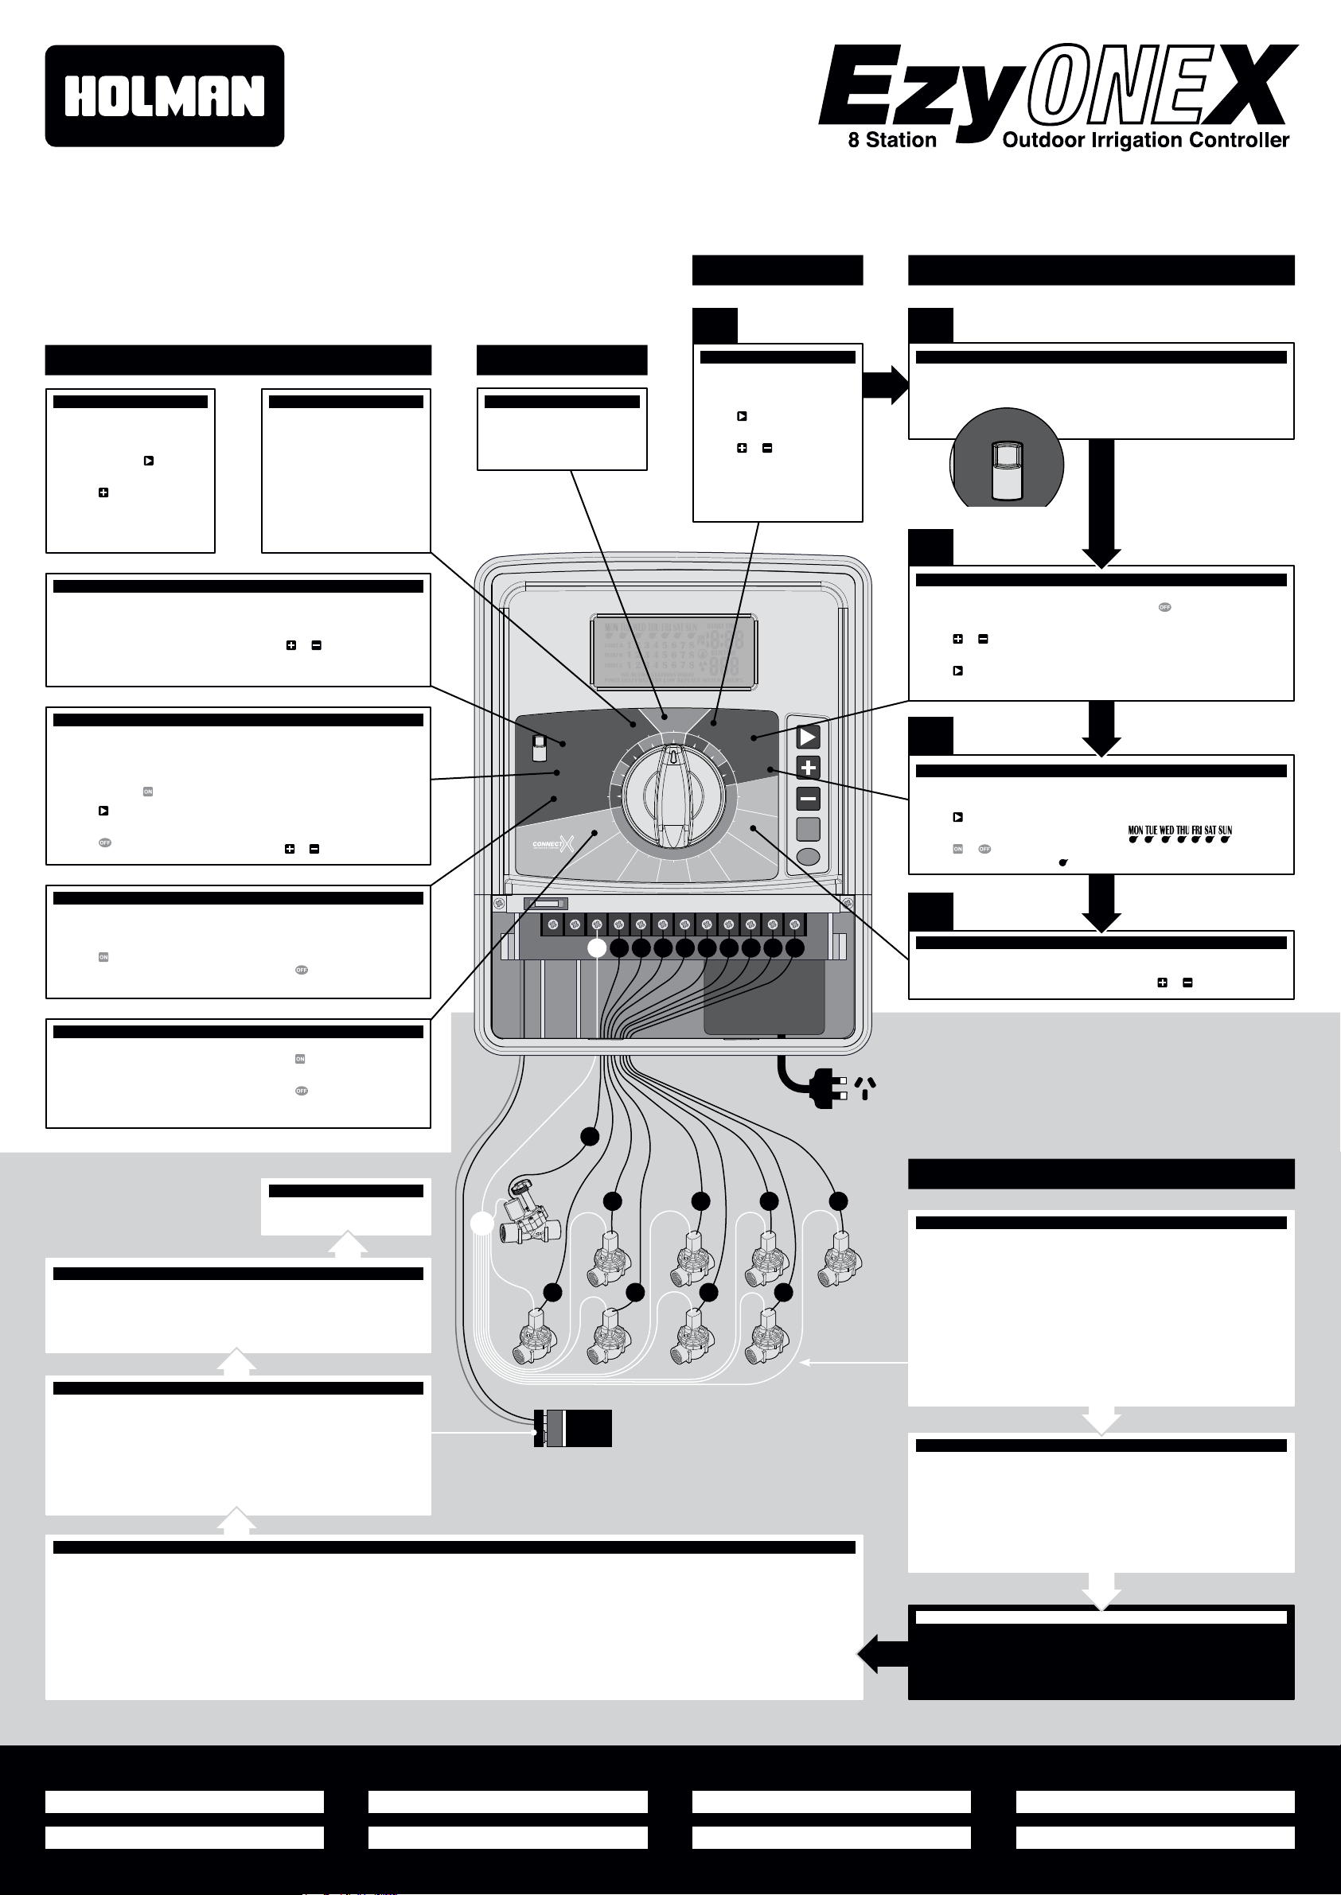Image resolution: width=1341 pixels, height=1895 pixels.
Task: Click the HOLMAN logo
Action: tap(164, 95)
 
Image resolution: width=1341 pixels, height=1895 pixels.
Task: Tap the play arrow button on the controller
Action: tap(808, 736)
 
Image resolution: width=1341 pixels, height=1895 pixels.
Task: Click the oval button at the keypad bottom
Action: tap(808, 857)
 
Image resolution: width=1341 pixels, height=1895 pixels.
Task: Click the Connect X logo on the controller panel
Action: tap(552, 844)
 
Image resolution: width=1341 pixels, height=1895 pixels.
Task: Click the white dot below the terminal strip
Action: tap(596, 948)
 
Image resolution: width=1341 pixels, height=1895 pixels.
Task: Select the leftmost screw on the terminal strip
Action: tap(553, 924)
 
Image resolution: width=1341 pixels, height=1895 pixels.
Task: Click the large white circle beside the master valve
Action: tap(481, 1224)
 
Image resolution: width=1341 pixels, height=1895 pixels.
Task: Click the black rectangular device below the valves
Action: tap(573, 1428)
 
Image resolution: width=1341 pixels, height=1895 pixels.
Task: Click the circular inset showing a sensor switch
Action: tap(1007, 461)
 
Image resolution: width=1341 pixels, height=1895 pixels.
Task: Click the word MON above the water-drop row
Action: tap(1136, 831)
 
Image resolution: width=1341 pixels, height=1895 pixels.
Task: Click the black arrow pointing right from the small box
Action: tap(885, 384)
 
